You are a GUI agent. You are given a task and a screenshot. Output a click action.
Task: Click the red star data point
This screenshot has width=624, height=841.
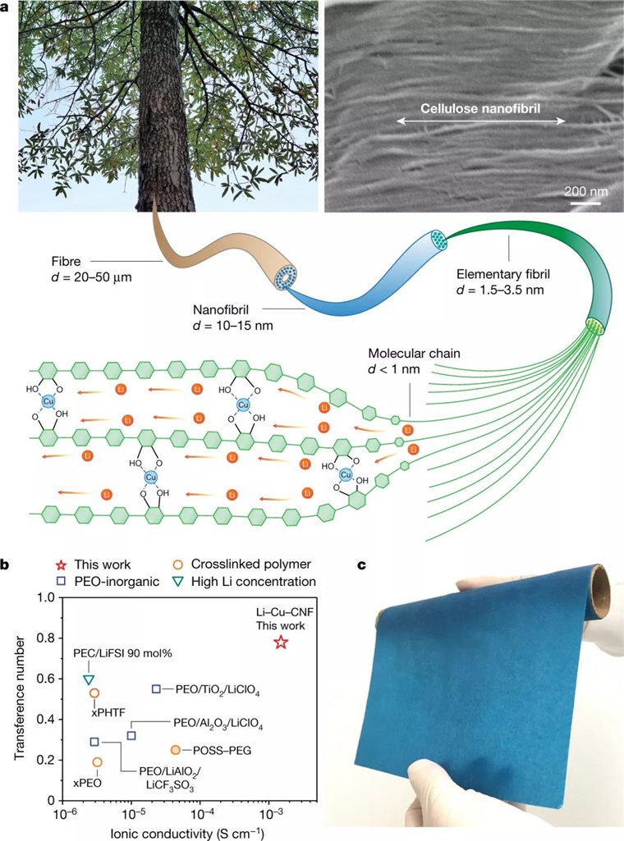(281, 642)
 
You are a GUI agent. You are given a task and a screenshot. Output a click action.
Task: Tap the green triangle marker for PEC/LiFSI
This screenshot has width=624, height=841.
(89, 679)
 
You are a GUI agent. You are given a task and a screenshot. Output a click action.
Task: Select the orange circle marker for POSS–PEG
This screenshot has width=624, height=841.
(176, 750)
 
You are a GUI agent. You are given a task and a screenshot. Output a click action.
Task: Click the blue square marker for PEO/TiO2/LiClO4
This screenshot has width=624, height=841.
(156, 688)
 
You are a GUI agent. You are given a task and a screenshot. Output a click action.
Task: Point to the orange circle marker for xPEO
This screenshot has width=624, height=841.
(98, 762)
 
